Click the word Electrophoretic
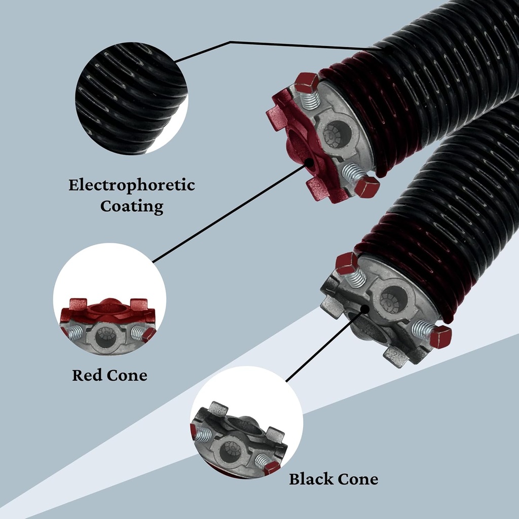[132, 186]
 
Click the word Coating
[132, 206]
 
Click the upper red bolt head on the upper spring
[307, 82]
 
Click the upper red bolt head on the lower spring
[347, 263]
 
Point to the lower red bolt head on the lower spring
[440, 336]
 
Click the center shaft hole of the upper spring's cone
[338, 133]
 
